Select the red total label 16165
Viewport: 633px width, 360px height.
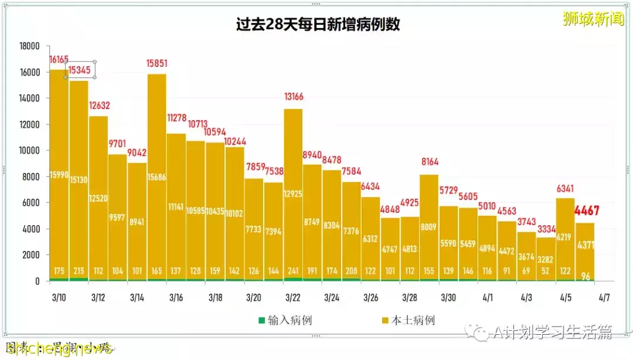coord(59,60)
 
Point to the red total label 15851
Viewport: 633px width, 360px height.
coord(156,64)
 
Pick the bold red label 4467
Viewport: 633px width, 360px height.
coord(587,210)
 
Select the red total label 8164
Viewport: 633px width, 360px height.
coord(430,162)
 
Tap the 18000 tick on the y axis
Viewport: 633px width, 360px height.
coord(29,46)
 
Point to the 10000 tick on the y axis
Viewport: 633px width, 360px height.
coord(29,151)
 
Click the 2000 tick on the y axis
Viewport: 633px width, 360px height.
coord(30,255)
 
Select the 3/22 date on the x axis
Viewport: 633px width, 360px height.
coord(294,298)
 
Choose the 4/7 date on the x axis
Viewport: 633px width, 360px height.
coord(605,298)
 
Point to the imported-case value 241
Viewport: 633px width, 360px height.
coord(294,271)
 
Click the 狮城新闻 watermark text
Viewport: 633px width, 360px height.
coord(593,19)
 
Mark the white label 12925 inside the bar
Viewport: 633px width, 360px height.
coord(294,193)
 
